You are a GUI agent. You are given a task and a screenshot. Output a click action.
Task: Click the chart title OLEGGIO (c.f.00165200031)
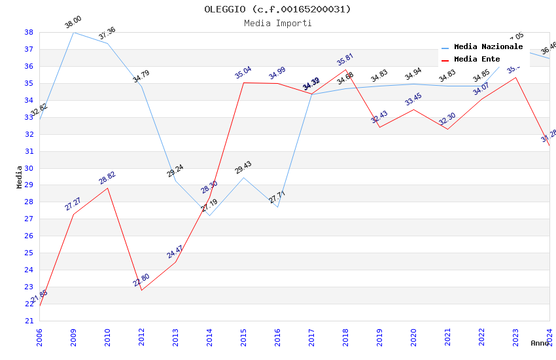[x=277, y=9]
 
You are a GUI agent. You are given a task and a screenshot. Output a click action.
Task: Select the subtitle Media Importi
[x=277, y=23]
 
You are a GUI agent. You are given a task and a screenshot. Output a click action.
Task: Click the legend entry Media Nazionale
[x=488, y=47]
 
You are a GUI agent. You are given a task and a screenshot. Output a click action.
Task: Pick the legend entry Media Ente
[x=477, y=59]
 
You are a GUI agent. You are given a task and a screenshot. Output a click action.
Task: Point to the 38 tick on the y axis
[x=29, y=32]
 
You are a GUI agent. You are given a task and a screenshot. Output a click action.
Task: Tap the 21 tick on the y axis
[x=29, y=321]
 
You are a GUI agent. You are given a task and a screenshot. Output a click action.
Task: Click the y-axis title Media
[x=20, y=177]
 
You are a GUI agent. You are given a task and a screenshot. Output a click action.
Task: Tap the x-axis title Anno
[x=540, y=343]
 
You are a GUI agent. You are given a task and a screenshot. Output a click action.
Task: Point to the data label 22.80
[x=141, y=280]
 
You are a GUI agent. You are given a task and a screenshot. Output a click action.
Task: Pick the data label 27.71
[x=277, y=197]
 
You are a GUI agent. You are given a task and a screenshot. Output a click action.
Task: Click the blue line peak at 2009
[x=73, y=32]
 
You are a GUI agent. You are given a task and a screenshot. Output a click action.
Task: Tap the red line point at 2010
[x=107, y=188]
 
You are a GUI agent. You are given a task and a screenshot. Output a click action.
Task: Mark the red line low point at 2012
[x=141, y=290]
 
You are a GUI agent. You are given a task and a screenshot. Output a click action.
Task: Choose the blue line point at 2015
[x=243, y=177]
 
